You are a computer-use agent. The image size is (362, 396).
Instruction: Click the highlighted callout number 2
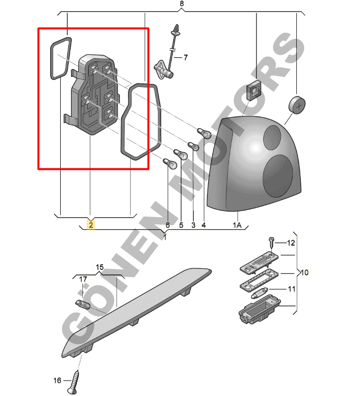(91, 225)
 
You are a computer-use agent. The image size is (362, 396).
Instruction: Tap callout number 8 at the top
(182, 4)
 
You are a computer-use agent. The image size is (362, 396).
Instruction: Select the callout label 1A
(237, 225)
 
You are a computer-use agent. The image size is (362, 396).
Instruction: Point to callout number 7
(186, 58)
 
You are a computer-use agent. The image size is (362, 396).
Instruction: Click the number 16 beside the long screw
(57, 380)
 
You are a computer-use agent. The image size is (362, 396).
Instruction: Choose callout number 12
(291, 243)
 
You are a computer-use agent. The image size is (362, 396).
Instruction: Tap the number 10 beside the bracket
(305, 272)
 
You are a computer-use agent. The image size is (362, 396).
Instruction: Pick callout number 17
(83, 279)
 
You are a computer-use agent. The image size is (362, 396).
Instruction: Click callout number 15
(99, 267)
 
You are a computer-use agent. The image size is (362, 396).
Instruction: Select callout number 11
(292, 288)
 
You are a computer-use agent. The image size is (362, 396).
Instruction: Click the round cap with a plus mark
(297, 105)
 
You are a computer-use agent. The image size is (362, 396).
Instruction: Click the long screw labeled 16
(73, 382)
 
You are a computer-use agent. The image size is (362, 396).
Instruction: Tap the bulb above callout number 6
(170, 164)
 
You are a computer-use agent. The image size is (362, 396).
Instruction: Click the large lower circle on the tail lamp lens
(278, 176)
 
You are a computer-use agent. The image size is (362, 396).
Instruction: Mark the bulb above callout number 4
(204, 133)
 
